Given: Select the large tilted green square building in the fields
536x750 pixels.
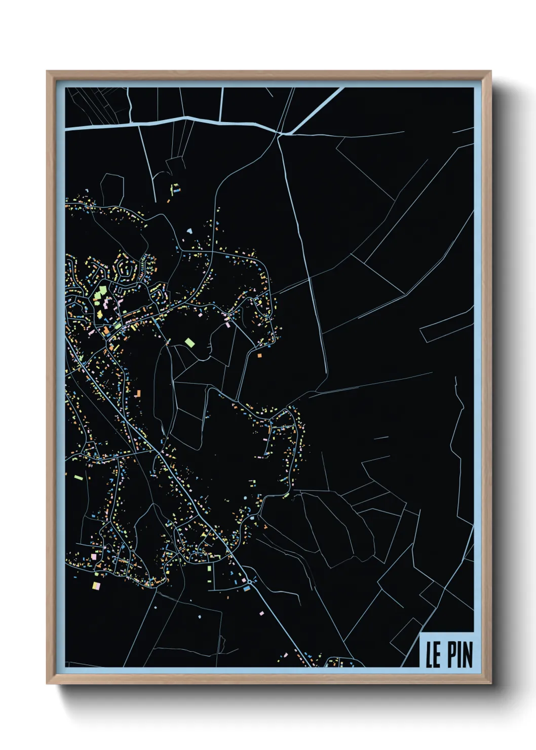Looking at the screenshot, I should coord(190,343).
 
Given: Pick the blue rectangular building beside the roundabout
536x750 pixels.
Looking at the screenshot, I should coord(247,589).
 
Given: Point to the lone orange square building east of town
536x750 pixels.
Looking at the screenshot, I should coord(260,356).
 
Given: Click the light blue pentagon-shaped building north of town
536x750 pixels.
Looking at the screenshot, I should coord(189,231).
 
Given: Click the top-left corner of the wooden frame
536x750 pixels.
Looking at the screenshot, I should coord(48,72).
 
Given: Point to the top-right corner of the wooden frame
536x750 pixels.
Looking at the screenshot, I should coord(490,72).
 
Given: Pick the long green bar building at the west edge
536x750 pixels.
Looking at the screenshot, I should coord(79,477).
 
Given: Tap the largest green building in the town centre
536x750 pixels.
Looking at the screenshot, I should coord(102,291).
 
